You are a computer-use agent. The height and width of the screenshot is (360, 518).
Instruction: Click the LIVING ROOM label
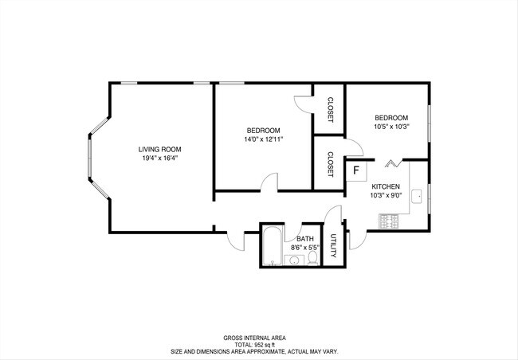[x=159, y=149]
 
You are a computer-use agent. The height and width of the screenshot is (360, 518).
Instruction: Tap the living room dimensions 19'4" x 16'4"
[x=159, y=158]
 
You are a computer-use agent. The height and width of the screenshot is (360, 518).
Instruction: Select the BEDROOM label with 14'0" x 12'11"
[x=263, y=131]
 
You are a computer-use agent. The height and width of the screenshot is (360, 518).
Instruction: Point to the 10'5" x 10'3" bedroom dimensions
[x=391, y=126]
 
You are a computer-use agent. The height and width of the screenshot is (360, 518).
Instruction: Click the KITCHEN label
[x=385, y=186]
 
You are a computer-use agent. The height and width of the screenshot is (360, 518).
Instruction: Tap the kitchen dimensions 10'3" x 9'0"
[x=385, y=194]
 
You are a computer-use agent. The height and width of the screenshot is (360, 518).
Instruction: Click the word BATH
[x=304, y=238]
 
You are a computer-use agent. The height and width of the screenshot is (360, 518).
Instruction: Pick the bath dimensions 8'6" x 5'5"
[x=304, y=248]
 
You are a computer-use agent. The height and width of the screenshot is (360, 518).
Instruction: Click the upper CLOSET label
[x=329, y=109]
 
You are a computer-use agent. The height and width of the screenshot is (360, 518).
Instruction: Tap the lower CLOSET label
[x=329, y=163]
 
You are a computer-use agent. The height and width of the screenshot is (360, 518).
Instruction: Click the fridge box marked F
[x=356, y=170]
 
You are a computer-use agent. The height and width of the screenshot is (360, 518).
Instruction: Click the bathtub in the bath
[x=273, y=246]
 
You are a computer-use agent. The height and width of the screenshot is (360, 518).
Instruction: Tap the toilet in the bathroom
[x=313, y=257]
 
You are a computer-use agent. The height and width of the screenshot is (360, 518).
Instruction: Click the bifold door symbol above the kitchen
[x=391, y=163]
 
